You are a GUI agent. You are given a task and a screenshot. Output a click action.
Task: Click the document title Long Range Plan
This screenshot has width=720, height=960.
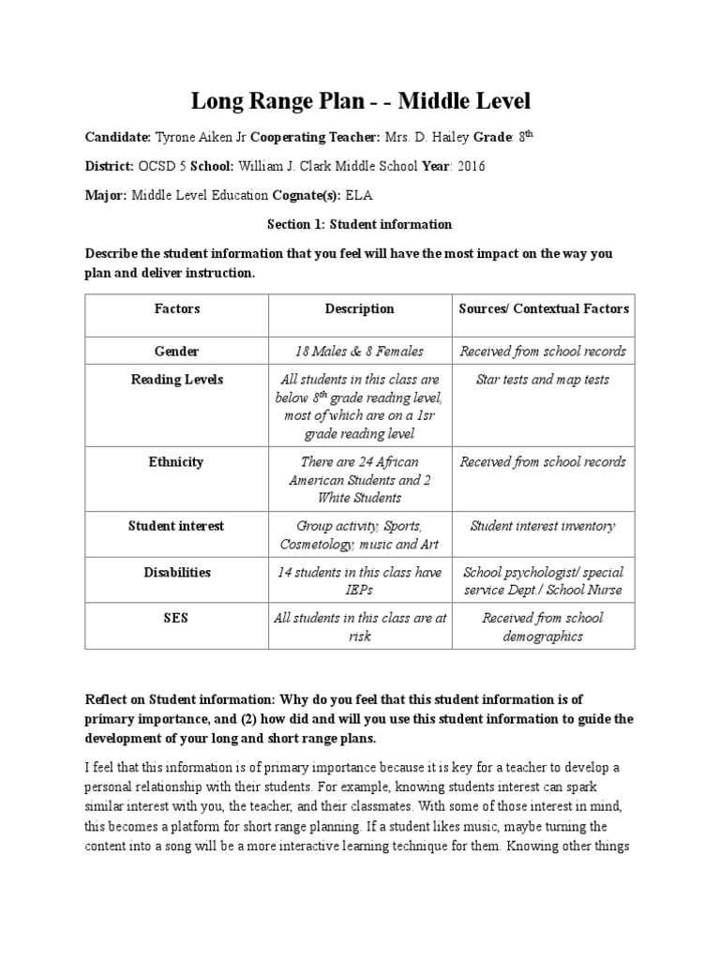pos(360,100)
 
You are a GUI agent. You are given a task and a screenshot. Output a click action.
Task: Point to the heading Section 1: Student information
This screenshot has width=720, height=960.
pos(360,224)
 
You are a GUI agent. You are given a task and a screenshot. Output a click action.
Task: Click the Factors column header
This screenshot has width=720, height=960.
pos(177,308)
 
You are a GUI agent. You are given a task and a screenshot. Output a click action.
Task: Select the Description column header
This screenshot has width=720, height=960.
pos(359,308)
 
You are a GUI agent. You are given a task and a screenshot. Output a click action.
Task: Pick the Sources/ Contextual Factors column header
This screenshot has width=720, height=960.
pos(544,308)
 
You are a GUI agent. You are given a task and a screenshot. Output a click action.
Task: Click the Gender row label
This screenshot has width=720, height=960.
pos(177,351)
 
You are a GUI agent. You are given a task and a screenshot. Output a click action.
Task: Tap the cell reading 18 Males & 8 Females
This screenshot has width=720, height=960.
pos(359,351)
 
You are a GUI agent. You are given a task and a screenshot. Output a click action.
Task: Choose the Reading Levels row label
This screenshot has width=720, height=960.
pos(177,379)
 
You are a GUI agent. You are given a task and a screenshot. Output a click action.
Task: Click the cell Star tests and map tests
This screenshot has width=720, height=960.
pos(544,379)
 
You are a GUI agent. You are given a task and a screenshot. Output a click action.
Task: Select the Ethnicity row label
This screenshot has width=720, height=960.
pos(177,461)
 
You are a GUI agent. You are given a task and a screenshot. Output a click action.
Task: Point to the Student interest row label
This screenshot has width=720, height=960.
pos(177,526)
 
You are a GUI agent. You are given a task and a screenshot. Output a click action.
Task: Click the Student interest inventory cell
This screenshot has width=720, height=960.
pos(544,526)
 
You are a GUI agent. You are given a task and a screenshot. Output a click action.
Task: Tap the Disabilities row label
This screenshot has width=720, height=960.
pos(177,572)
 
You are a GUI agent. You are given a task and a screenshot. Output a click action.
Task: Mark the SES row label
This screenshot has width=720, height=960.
pos(177,618)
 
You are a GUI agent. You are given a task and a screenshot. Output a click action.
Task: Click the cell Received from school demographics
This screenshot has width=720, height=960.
pos(544,626)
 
